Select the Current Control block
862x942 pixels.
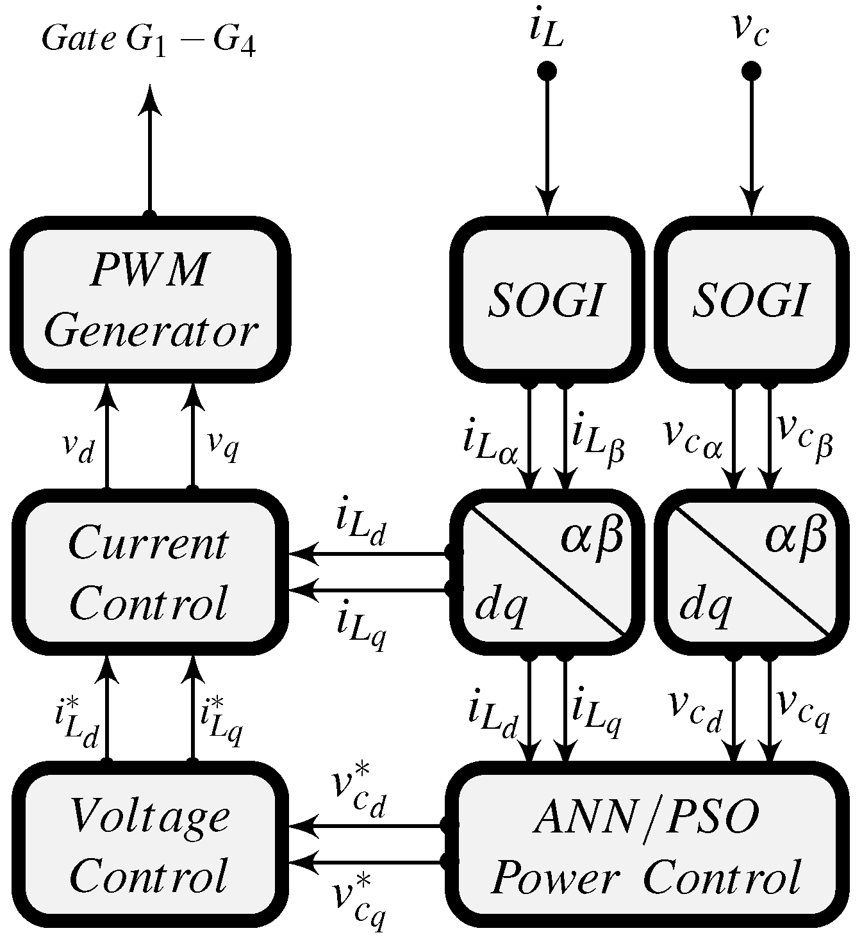click(149, 572)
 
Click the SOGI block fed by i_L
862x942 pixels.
click(546, 300)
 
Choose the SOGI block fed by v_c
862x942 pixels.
click(750, 300)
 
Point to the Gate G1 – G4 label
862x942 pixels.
click(149, 40)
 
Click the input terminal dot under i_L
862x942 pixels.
click(547, 70)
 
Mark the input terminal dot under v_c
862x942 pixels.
click(750, 70)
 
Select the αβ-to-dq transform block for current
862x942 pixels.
click(546, 572)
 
